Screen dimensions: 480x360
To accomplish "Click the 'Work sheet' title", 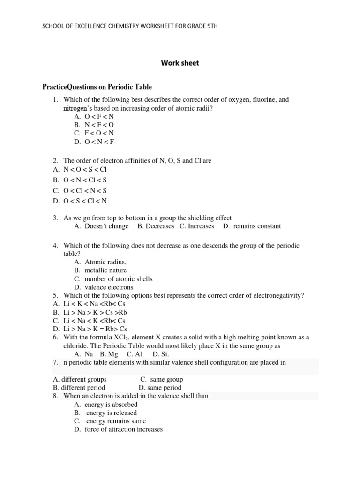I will [180, 63].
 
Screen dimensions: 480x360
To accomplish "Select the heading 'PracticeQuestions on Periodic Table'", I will [97, 87].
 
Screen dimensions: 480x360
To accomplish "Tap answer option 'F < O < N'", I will [99, 133].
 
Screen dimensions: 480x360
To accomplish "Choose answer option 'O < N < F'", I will [99, 141].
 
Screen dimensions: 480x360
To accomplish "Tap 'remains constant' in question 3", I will [256, 226].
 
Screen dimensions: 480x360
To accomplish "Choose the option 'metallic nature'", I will [105, 270].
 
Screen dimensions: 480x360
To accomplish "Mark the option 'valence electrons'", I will [109, 287].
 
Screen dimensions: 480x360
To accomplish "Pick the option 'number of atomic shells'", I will [118, 279].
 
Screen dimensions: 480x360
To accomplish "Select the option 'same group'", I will [166, 379].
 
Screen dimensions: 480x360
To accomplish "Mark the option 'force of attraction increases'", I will [123, 429].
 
